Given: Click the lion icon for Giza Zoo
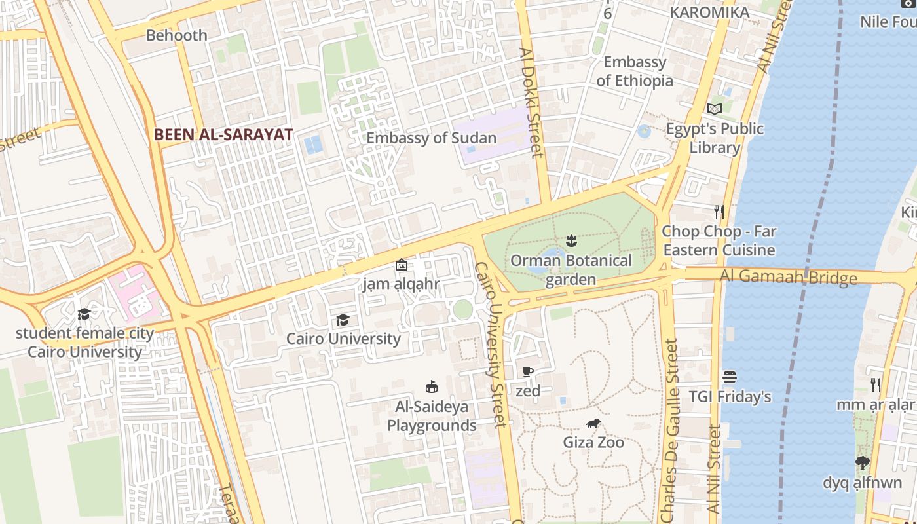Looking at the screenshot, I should click(593, 424).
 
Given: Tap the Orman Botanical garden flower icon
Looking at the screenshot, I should click(571, 241).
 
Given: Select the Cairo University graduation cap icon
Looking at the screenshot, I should click(343, 320).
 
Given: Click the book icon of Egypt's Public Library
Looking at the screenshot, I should click(714, 109).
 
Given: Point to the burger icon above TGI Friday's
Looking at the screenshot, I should click(730, 377).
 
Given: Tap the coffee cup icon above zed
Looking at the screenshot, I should click(528, 372).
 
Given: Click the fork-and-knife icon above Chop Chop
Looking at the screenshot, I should click(719, 212).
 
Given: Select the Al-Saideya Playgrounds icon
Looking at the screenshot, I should click(431, 386).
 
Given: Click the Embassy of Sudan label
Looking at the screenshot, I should click(431, 138).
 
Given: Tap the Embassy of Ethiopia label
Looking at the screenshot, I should click(635, 71).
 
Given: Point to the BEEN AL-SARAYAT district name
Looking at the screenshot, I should click(223, 135).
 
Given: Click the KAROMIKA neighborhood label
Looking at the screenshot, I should click(709, 12).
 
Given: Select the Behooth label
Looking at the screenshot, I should click(176, 35).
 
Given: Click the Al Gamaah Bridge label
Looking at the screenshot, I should click(788, 276).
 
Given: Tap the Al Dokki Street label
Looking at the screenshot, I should click(531, 102).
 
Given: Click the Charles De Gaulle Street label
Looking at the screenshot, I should click(670, 430).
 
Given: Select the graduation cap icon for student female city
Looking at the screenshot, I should click(84, 314).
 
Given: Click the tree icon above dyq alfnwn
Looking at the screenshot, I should click(862, 464).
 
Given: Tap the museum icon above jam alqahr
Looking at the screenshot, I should click(401, 265).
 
